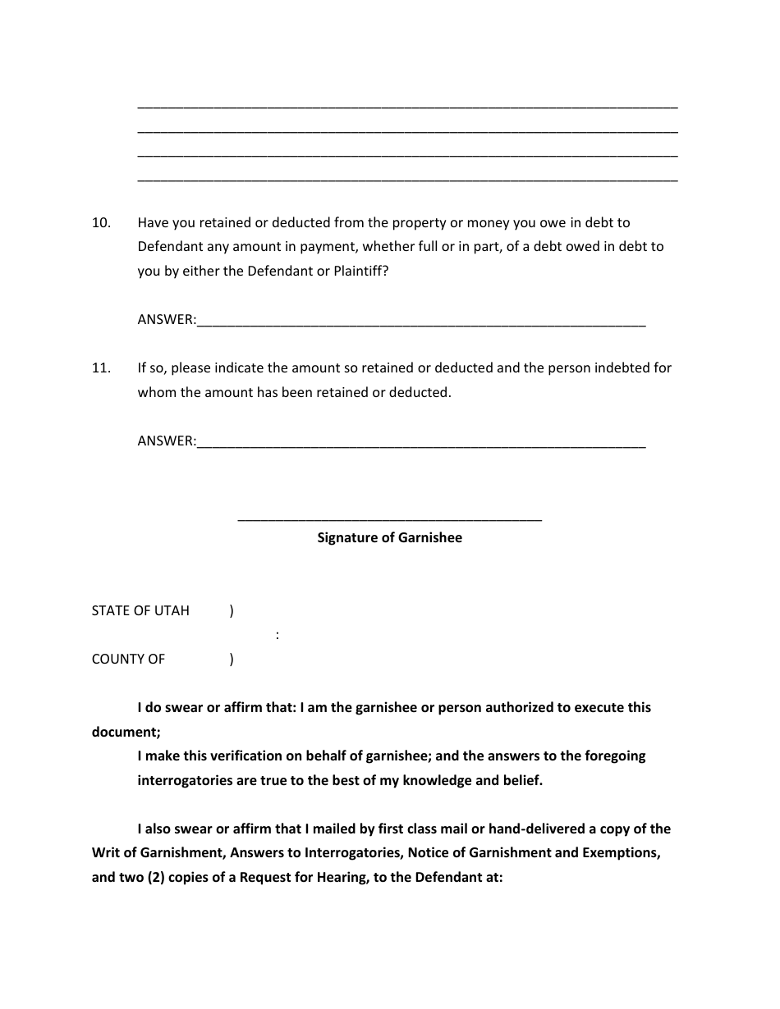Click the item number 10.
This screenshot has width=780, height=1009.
(101, 222)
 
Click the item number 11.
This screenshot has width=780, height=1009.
(101, 368)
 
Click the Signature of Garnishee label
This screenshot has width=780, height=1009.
(390, 538)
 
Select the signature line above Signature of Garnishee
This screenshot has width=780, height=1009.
(390, 519)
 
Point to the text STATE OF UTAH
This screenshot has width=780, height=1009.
(140, 610)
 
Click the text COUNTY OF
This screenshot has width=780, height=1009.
(128, 659)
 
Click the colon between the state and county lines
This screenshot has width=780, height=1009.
(278, 635)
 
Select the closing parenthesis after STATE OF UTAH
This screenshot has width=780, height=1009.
(232, 610)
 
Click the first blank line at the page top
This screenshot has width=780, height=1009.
(407, 107)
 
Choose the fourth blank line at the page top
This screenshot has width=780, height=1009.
(407, 179)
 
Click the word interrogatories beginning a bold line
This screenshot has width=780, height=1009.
(185, 780)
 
